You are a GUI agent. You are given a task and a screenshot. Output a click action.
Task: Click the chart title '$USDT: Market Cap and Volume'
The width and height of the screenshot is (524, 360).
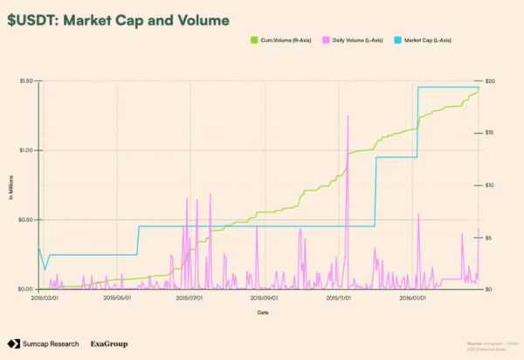point(119,18)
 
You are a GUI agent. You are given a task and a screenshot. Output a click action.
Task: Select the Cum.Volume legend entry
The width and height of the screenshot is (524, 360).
point(276,40)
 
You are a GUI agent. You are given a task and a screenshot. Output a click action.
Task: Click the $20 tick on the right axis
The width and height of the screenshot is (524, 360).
point(491,80)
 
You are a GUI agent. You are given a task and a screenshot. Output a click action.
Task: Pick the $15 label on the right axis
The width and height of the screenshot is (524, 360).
point(491,133)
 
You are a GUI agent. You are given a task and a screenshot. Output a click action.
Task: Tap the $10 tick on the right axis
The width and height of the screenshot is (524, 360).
point(491,185)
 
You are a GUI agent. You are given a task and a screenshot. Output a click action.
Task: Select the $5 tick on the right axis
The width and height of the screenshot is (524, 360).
point(490,237)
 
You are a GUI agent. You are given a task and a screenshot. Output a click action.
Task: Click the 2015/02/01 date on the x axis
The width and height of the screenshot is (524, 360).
point(45,297)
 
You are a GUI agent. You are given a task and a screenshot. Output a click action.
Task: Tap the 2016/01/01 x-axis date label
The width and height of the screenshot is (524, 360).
point(412,297)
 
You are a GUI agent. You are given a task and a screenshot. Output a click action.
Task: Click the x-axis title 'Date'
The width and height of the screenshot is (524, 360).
point(262,312)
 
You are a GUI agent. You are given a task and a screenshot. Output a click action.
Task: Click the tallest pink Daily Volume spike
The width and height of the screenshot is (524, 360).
point(348,116)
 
